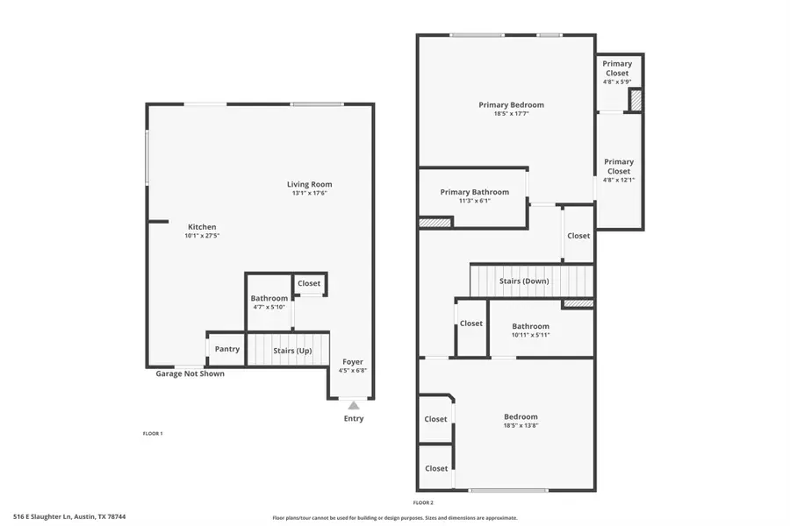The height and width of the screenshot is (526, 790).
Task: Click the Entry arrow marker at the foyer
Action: point(353,405)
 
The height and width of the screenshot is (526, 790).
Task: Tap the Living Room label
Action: point(309,184)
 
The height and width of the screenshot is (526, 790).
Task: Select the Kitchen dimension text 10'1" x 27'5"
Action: point(201,237)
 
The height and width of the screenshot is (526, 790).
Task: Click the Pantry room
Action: point(226,349)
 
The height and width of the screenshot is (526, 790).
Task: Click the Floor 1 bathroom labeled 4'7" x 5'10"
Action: point(269,303)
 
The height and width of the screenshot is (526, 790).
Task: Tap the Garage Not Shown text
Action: point(190,373)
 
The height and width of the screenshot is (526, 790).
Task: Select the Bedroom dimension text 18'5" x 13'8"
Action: point(520,425)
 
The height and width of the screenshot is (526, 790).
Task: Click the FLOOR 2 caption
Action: point(422,502)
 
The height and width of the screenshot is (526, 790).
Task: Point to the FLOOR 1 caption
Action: point(153,433)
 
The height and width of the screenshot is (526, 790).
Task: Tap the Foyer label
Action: point(352,361)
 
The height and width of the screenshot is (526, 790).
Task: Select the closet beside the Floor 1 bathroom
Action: point(309,283)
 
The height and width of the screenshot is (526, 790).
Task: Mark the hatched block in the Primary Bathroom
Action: point(434,223)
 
